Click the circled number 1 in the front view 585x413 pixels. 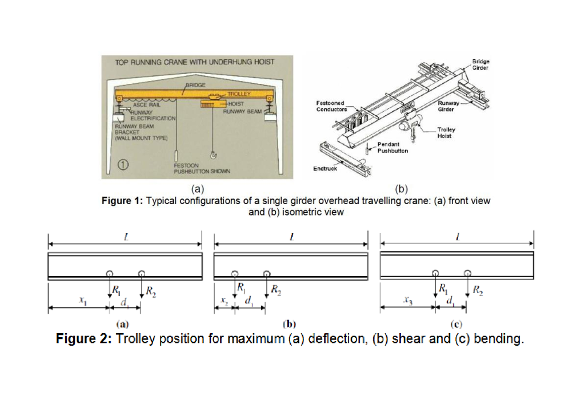point(121,166)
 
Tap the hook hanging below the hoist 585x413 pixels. point(213,155)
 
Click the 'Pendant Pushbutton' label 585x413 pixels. point(392,148)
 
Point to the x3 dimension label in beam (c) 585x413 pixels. point(407,300)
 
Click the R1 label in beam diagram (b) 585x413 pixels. point(242,287)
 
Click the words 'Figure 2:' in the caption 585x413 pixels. point(83,339)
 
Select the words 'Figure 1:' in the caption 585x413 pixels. point(122,201)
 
